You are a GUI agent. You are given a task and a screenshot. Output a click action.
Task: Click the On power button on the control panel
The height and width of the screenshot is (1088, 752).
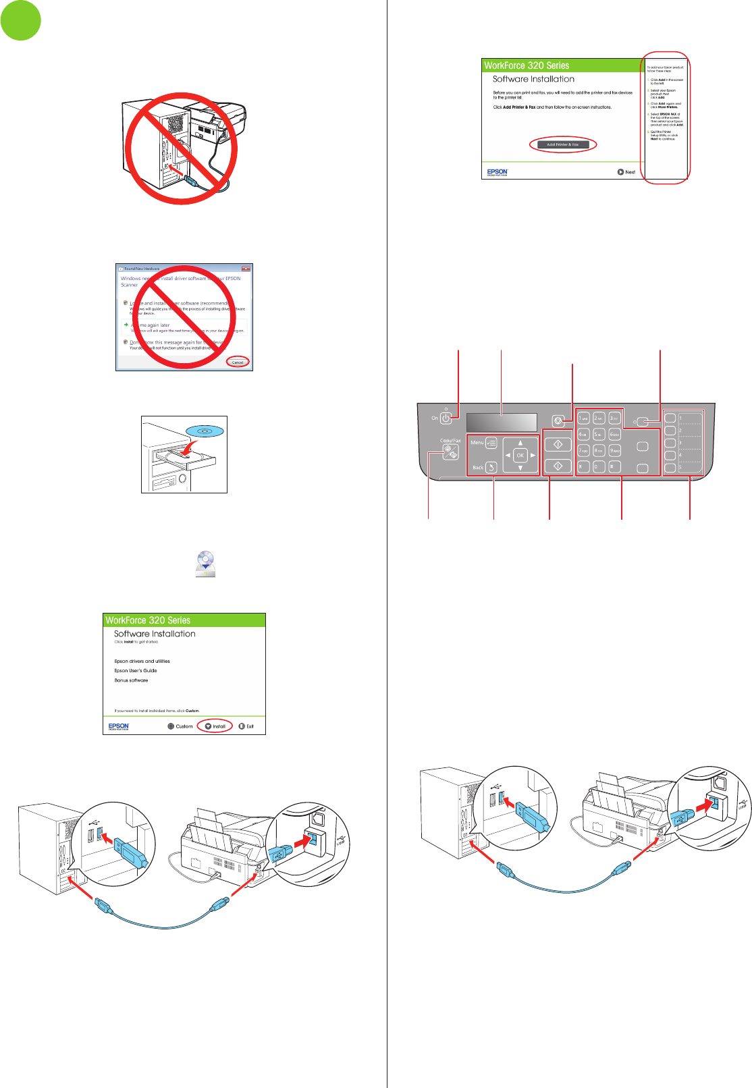446,418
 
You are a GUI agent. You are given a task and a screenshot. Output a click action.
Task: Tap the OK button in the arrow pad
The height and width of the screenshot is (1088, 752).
520,456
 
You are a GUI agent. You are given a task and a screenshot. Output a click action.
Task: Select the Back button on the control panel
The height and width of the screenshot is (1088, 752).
490,467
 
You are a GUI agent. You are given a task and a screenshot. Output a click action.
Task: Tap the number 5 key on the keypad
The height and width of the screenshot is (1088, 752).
598,435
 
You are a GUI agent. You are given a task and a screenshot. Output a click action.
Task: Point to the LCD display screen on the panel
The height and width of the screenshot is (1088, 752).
501,423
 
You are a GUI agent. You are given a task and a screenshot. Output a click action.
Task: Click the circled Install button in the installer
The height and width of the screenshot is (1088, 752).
215,726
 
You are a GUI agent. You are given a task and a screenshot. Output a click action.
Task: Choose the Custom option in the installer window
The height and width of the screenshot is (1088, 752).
180,726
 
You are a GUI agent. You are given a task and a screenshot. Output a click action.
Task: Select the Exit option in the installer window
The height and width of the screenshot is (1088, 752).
246,726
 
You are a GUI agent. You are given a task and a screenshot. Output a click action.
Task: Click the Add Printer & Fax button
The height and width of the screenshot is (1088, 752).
562,144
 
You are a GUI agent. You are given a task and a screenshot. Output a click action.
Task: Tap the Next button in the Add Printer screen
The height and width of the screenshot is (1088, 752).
626,172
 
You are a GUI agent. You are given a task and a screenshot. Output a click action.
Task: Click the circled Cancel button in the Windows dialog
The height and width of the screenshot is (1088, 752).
238,362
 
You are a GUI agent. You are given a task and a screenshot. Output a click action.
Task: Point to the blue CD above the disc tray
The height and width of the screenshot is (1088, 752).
206,431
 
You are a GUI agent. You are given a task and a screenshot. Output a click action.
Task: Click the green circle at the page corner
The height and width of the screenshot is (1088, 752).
21,20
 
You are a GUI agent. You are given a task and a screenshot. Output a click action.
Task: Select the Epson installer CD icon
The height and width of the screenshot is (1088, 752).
205,564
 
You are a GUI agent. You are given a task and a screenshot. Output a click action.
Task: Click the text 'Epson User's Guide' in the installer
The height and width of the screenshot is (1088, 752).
136,671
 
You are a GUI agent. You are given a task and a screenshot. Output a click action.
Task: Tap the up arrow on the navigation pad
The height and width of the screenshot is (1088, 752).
520,443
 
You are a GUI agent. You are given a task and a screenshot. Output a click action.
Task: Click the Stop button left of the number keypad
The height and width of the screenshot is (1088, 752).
558,420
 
